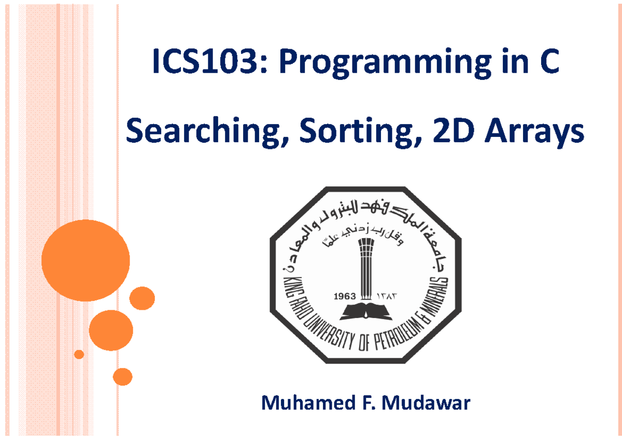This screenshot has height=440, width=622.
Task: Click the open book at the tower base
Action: (365, 311)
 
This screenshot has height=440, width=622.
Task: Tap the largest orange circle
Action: (86, 260)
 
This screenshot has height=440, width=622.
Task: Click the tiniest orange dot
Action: (79, 354)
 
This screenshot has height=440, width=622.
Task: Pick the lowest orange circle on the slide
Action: (122, 377)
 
